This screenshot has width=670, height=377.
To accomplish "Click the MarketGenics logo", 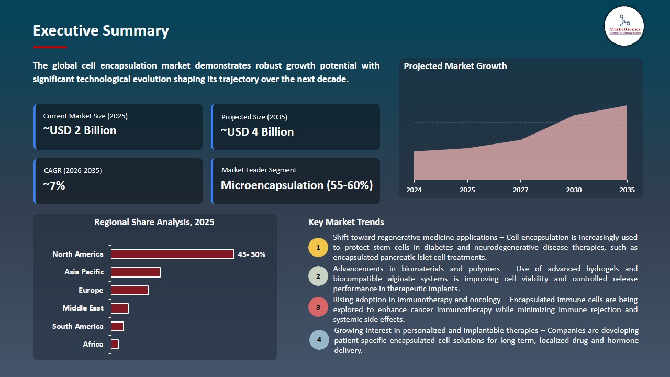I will (624, 26).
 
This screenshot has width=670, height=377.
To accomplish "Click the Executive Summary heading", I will (101, 31).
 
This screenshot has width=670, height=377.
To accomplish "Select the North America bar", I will (173, 254).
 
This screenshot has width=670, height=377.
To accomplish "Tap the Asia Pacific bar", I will (136, 272).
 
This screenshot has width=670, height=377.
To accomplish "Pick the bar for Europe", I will (130, 290).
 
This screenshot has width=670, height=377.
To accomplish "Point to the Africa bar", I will (115, 344).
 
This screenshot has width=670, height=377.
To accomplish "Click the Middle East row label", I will (83, 308).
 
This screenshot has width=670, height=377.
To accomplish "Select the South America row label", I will (77, 326).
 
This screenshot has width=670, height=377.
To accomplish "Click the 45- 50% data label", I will (252, 254).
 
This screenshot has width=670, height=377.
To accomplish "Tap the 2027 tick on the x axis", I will (520, 190).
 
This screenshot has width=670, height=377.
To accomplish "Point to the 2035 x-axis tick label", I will (627, 190).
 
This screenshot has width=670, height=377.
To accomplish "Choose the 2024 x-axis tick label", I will (414, 190).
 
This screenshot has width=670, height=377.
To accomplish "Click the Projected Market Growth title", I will (455, 66).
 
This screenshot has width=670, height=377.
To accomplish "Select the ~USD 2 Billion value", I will (80, 130).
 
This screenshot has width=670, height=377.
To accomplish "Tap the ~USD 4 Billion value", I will (257, 132).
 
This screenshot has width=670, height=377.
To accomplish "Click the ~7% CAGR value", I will (54, 185).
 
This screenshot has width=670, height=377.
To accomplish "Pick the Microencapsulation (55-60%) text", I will (296, 185).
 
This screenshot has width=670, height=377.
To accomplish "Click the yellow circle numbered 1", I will (318, 247).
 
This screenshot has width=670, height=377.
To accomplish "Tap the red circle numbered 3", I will (318, 307).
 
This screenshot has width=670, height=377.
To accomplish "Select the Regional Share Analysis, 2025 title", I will (154, 222).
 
